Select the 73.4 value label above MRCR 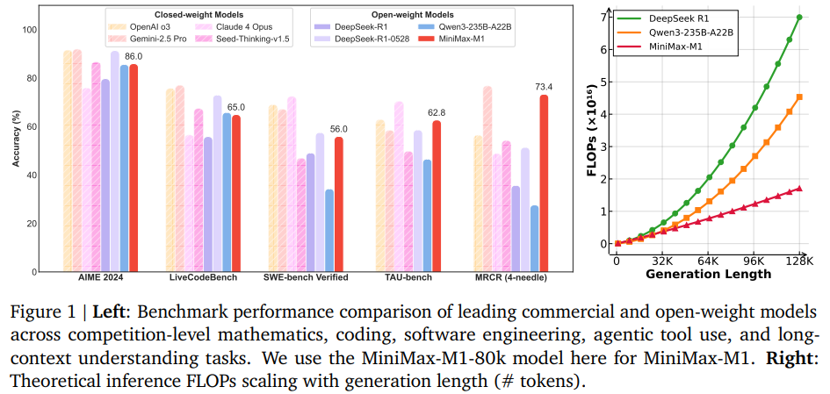(x=544, y=87)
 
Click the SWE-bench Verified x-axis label (x=307, y=278)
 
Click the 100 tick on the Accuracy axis (x=32, y=31)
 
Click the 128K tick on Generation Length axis (x=798, y=261)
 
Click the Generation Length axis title (x=708, y=275)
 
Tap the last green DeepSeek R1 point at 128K (x=799, y=18)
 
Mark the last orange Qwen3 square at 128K (x=799, y=97)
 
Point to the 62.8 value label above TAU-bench (x=437, y=112)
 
